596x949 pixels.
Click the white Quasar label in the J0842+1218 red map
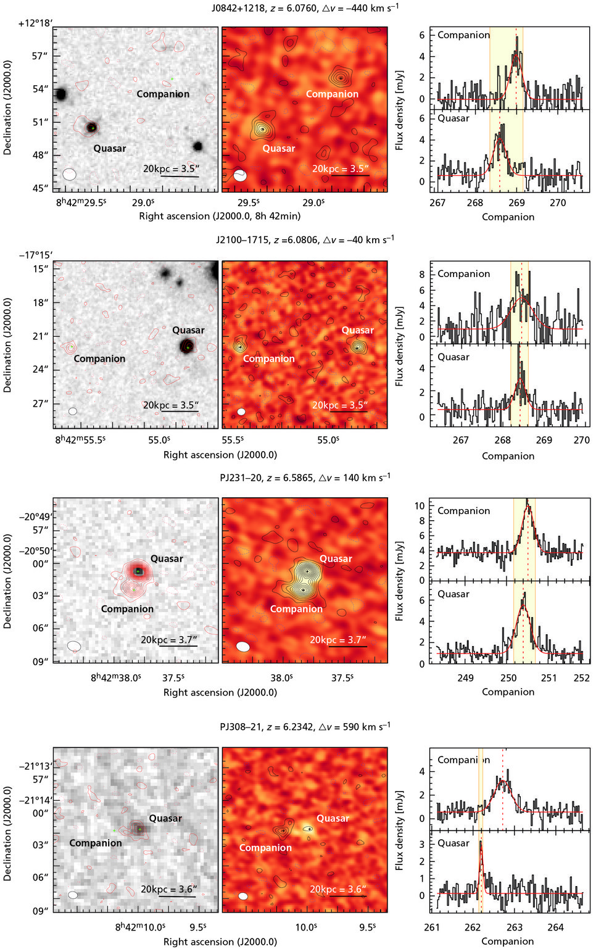(278, 148)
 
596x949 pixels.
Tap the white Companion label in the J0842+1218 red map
(332, 94)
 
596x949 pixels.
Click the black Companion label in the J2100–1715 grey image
(99, 358)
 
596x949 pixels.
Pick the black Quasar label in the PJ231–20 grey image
(167, 558)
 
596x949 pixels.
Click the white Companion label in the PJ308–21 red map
(265, 848)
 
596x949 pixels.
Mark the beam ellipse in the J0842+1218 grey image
(69, 175)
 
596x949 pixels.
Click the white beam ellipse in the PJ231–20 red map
(243, 647)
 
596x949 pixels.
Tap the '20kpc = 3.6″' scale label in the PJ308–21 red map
(337, 889)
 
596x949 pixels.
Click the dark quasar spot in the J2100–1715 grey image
(187, 347)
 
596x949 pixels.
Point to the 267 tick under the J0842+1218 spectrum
(437, 202)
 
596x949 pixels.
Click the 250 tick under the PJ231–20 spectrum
(508, 678)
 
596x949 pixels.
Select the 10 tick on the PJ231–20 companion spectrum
(420, 506)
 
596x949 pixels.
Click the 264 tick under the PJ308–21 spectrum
(555, 927)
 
